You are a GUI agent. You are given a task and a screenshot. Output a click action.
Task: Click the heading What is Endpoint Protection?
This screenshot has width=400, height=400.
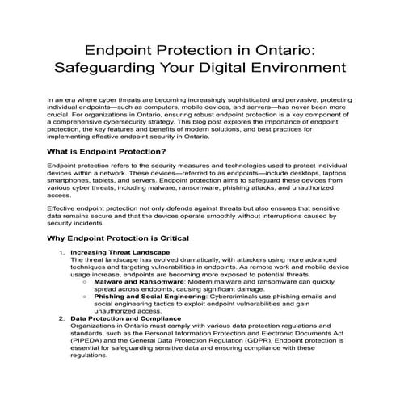107,152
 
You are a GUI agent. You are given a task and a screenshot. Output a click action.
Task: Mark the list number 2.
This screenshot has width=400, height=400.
62,318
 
